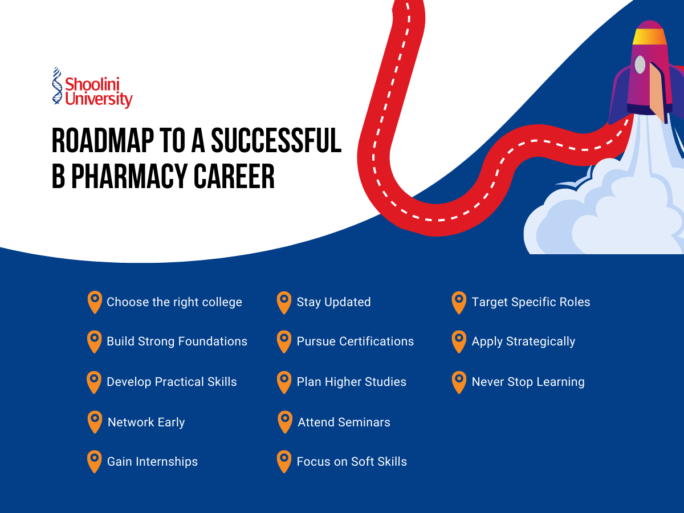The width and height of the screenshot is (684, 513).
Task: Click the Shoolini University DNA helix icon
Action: [x=56, y=86]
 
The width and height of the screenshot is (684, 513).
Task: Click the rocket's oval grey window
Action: [x=640, y=64]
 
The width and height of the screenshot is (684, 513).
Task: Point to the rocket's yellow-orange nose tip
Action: [x=649, y=35]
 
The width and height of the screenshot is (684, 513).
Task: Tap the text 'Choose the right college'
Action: [x=174, y=302]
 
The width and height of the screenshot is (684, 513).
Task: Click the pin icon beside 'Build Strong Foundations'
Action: [x=94, y=341]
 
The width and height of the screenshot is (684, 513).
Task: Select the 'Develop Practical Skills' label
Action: [x=172, y=382]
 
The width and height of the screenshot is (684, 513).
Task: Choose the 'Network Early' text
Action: [x=146, y=422]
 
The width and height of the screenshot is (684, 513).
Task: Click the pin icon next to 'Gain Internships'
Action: [x=94, y=461]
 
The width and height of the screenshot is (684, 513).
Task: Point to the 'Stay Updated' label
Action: [x=333, y=302]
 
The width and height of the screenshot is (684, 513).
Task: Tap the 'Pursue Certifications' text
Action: [x=355, y=341]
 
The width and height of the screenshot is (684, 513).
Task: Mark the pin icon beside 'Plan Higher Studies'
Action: [x=283, y=382]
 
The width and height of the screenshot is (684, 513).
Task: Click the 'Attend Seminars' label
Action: [x=344, y=422]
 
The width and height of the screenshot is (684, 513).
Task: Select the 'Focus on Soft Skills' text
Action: [x=352, y=462]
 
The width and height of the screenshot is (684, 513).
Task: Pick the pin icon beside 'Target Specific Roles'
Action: [x=458, y=302]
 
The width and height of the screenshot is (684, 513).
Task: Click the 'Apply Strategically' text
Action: [x=523, y=341]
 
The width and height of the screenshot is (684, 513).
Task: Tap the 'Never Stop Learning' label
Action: [x=528, y=382]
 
